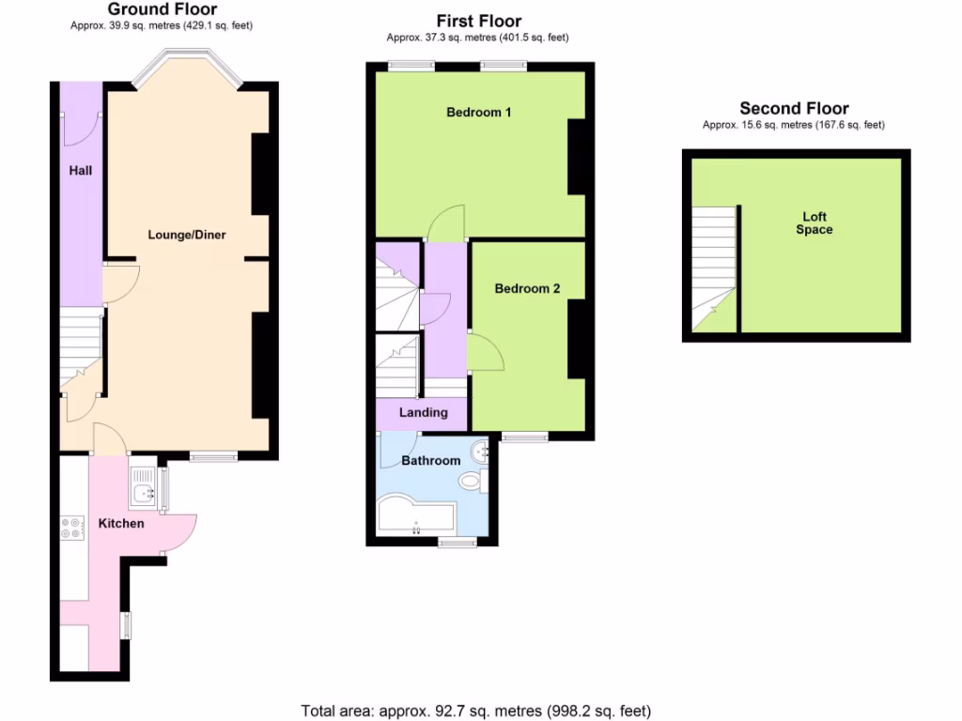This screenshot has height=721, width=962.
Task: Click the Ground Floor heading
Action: (x=162, y=10)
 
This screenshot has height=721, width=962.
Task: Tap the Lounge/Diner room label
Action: (x=187, y=235)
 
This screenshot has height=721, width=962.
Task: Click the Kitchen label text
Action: (x=121, y=523)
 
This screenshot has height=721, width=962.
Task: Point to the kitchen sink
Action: (x=144, y=490)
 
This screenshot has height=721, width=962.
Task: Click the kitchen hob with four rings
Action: (x=70, y=528)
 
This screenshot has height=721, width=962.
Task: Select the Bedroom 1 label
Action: (x=478, y=113)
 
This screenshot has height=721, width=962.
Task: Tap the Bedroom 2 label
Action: (x=527, y=289)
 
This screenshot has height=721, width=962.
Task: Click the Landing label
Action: (x=423, y=412)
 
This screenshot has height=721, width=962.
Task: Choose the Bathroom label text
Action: (x=431, y=461)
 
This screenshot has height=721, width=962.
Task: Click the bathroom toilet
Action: (x=472, y=482)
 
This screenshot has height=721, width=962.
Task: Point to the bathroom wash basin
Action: (x=483, y=453)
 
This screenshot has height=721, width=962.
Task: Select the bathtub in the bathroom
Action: (x=413, y=515)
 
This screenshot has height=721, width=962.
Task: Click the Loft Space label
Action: (x=814, y=223)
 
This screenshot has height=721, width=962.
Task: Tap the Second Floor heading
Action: (x=794, y=109)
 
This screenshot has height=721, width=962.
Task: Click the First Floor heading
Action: (x=478, y=21)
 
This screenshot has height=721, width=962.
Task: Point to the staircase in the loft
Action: (x=714, y=269)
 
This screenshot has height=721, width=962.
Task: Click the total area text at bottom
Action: (x=475, y=711)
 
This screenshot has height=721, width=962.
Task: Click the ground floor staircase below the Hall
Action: (x=81, y=348)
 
